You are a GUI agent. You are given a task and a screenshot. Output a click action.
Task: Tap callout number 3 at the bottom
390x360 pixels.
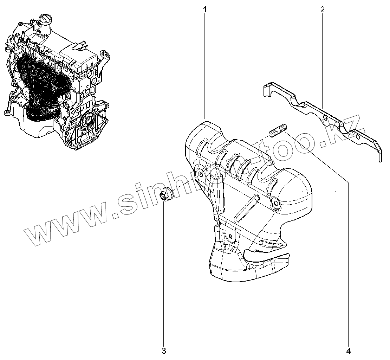[x=164, y=350]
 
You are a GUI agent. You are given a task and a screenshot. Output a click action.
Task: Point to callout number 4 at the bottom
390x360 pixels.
[x=348, y=350]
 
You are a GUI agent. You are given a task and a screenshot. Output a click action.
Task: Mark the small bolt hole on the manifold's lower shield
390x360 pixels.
[x=230, y=236]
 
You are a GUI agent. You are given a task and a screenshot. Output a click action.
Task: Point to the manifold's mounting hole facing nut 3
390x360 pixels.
[x=200, y=174]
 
